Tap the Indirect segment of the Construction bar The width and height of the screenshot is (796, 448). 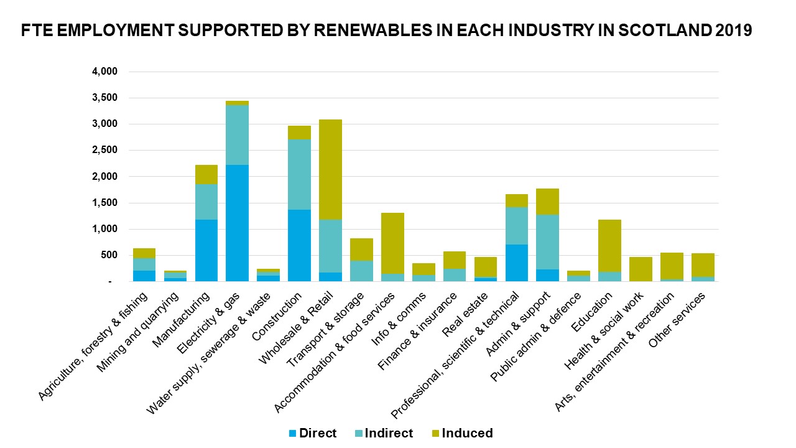point(299,174)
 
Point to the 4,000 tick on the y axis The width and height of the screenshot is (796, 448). point(104,72)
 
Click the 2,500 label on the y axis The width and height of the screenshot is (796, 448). point(104,151)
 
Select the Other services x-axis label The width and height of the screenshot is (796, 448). point(678,320)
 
